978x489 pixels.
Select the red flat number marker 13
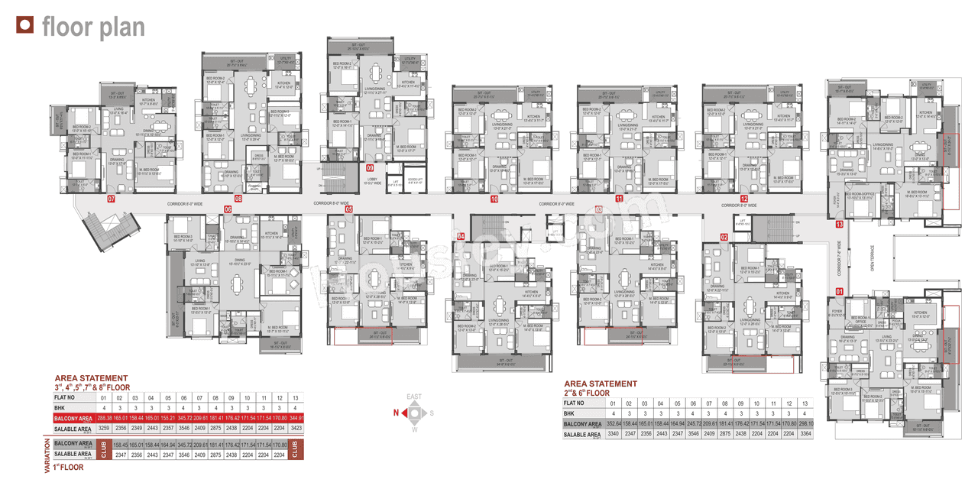point(839,224)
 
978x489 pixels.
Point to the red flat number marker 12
point(744,199)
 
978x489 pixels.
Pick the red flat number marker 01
point(839,291)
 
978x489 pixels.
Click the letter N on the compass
point(395,413)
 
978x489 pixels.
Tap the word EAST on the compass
point(413,397)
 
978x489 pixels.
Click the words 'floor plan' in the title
point(92,28)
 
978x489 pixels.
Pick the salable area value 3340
point(612,434)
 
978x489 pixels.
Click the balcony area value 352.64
point(612,423)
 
